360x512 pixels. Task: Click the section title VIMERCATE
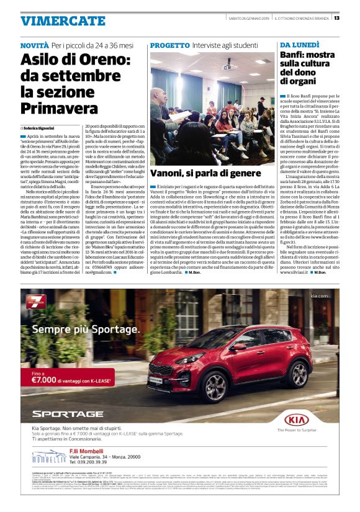pos(54,21)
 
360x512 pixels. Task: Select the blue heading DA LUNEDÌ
pos(299,46)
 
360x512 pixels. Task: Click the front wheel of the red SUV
pos(195,388)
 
